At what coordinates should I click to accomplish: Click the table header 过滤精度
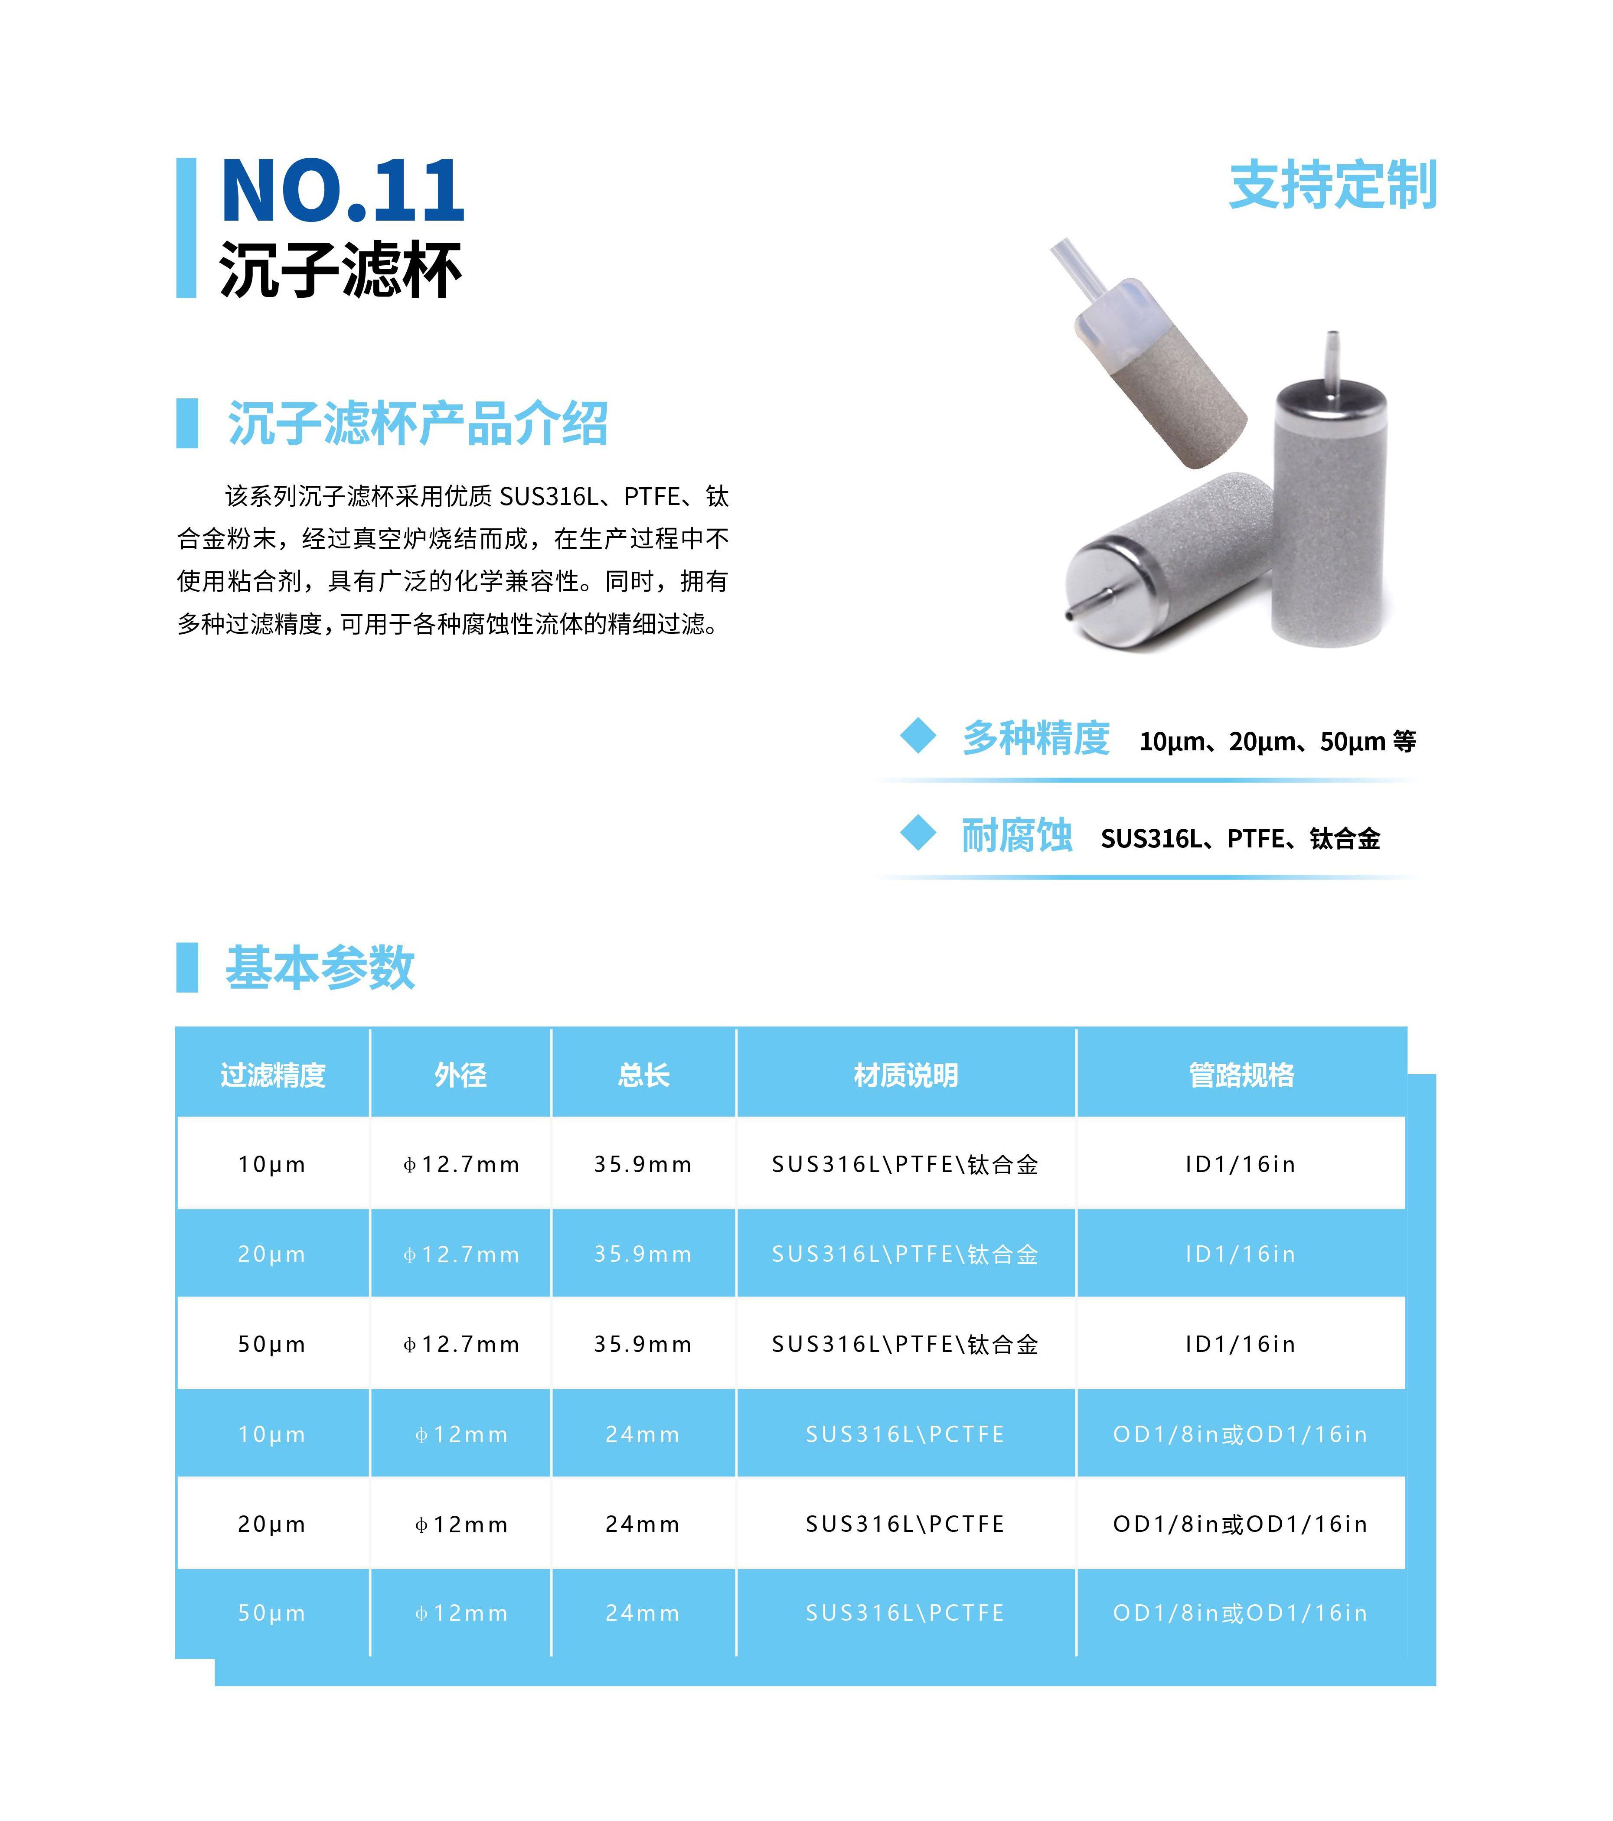click(273, 1075)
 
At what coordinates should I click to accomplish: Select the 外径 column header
click(461, 1075)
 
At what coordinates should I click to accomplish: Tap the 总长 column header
click(643, 1075)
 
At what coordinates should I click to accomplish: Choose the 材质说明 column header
click(905, 1075)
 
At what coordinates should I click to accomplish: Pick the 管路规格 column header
click(1241, 1075)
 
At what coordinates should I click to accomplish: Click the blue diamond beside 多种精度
click(918, 736)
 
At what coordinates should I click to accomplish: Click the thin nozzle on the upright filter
click(1332, 360)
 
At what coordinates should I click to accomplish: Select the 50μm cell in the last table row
click(272, 1613)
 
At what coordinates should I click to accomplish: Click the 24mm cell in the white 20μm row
click(643, 1525)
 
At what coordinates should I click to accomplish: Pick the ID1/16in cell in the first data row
click(1241, 1164)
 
